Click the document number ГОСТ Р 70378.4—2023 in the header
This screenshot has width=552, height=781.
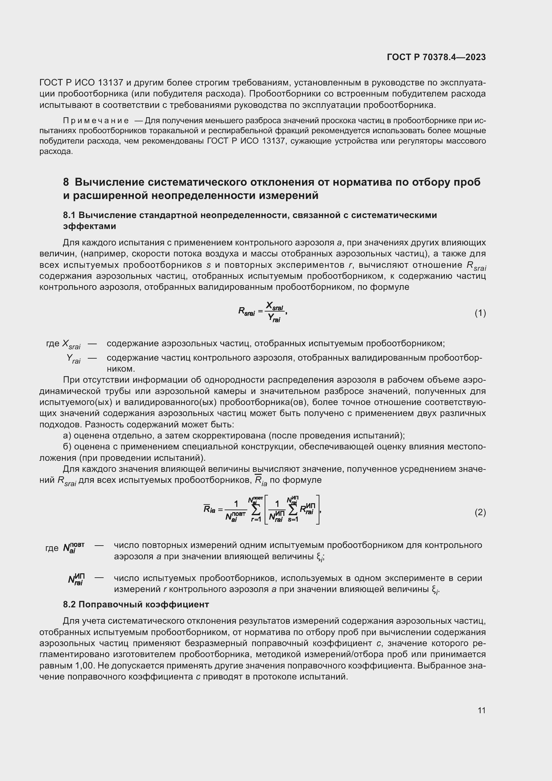pyautogui.click(x=436, y=57)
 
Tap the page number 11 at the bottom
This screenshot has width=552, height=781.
pyautogui.click(x=481, y=710)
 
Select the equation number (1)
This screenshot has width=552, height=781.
pyautogui.click(x=480, y=313)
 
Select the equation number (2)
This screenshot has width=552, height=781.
pyautogui.click(x=480, y=512)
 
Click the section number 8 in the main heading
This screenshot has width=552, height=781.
pyautogui.click(x=66, y=182)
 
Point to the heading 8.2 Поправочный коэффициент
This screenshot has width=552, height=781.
pyautogui.click(x=136, y=604)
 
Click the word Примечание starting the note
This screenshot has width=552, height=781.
pyautogui.click(x=96, y=121)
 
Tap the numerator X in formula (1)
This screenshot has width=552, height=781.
pyautogui.click(x=270, y=305)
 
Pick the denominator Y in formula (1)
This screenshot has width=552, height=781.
pyautogui.click(x=271, y=317)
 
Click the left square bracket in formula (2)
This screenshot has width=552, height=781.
pyautogui.click(x=266, y=509)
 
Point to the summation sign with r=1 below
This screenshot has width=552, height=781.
pyautogui.click(x=256, y=509)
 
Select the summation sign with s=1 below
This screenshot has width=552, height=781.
pyautogui.click(x=293, y=509)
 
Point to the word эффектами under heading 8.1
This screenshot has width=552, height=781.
pyautogui.click(x=90, y=226)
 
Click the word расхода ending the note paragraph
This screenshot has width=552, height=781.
pyautogui.click(x=56, y=151)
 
